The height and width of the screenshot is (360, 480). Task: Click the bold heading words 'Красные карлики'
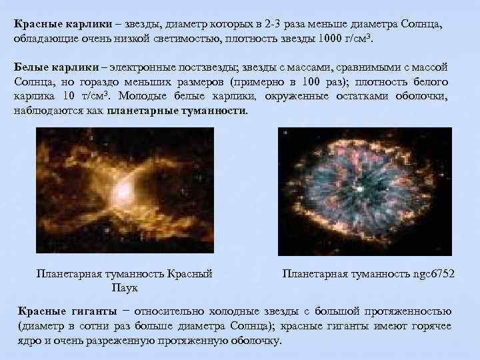[x=51, y=23]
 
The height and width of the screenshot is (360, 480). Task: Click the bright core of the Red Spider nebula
[x=123, y=193]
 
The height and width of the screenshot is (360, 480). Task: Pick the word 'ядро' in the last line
[x=27, y=341]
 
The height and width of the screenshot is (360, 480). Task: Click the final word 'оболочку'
[x=259, y=341]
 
